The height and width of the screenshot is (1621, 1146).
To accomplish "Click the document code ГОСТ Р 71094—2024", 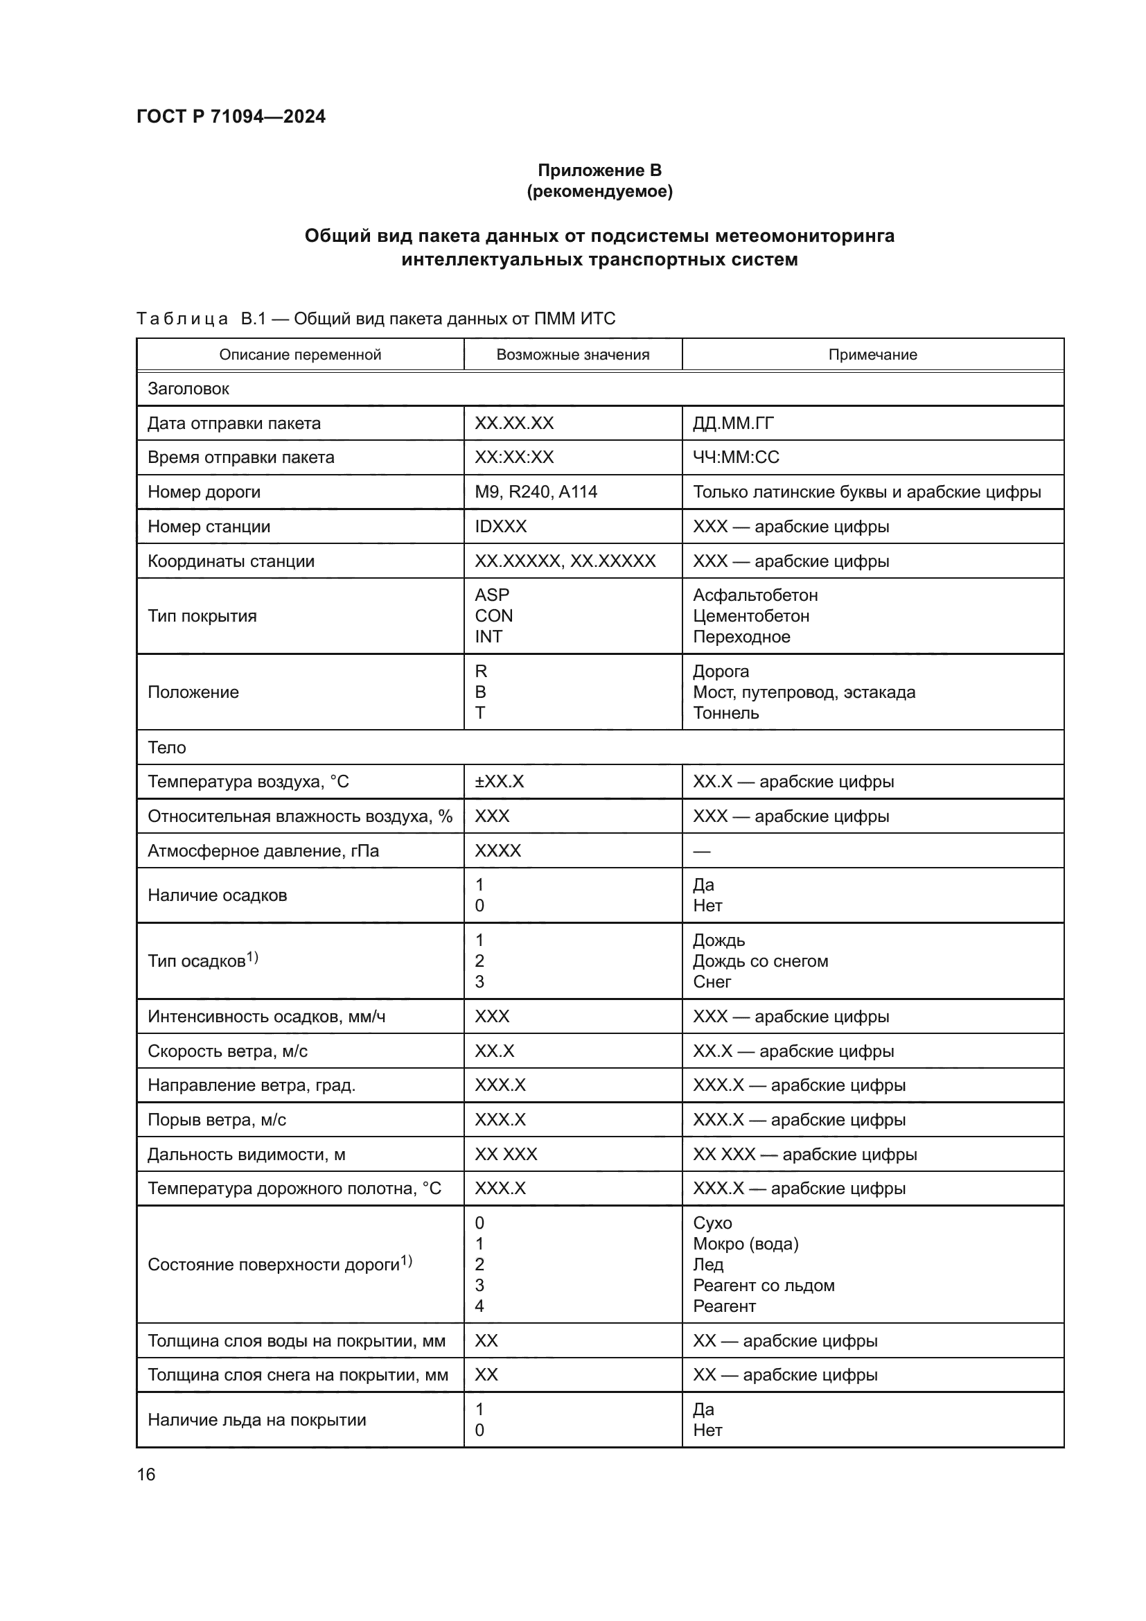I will (231, 116).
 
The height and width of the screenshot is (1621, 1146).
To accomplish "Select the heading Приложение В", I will (599, 170).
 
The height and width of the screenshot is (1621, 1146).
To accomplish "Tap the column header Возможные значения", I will (572, 354).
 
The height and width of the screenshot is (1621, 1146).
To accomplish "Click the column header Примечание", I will (872, 354).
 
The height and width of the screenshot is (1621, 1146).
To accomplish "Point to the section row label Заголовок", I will (188, 389).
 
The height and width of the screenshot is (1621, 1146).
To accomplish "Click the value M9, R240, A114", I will (536, 492).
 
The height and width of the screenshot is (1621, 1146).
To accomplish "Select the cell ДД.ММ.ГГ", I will (733, 423).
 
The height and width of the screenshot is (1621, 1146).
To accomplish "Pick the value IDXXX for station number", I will (500, 527).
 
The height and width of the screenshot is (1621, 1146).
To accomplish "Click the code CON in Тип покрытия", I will (493, 615).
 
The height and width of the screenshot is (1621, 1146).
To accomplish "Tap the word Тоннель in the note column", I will (725, 713).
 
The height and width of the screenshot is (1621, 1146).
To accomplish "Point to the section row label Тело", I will (166, 748).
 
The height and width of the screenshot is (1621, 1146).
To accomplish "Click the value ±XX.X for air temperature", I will (499, 782).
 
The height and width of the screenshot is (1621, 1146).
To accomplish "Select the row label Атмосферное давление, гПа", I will (263, 851).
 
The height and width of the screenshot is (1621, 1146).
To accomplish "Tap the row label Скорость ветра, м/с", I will (227, 1051).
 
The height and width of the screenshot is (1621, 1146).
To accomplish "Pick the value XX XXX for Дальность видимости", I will (505, 1155).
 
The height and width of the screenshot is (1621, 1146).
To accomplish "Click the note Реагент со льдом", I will (764, 1285).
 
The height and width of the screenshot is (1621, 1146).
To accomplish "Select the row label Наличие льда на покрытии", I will (257, 1420).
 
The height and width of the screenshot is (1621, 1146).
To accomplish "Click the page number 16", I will (146, 1474).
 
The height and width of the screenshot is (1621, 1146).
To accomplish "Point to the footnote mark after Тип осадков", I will (253, 957).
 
